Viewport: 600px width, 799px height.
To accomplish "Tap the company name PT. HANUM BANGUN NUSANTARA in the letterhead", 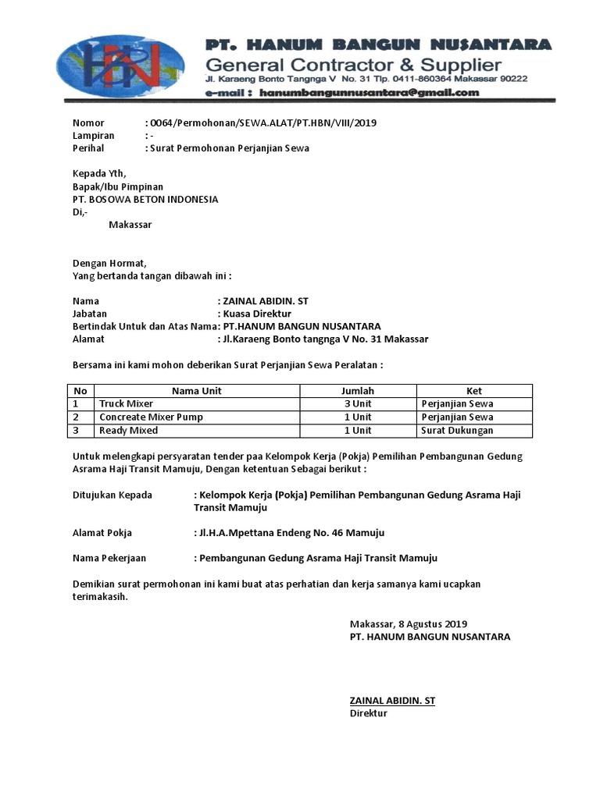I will tap(378, 44).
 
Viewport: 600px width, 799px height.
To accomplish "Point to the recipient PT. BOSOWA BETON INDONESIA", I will tap(145, 199).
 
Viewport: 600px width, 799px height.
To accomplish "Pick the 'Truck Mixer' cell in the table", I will tap(126, 404).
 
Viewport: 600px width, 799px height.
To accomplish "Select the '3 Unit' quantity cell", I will tap(358, 404).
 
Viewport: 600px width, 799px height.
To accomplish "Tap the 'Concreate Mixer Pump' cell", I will tap(151, 417).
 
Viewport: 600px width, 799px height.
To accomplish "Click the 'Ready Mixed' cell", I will tap(128, 431).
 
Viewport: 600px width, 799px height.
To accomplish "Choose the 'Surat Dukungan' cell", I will tap(456, 431).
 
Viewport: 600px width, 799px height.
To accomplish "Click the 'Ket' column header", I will tap(474, 391).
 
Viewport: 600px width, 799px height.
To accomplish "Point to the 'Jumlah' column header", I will tap(358, 391).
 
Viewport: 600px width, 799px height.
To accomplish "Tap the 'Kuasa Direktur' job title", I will tap(257, 314).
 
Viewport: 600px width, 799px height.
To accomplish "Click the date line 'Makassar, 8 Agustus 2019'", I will tap(408, 623).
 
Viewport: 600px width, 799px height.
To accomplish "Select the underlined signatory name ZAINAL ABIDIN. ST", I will tap(392, 701).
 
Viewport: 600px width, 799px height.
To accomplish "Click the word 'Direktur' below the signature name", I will tap(368, 713).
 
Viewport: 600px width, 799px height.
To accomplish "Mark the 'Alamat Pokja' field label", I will tap(102, 533).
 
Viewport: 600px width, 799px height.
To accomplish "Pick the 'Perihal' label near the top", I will tap(88, 148).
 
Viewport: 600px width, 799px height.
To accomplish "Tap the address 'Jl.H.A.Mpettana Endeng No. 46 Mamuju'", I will tap(291, 533).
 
